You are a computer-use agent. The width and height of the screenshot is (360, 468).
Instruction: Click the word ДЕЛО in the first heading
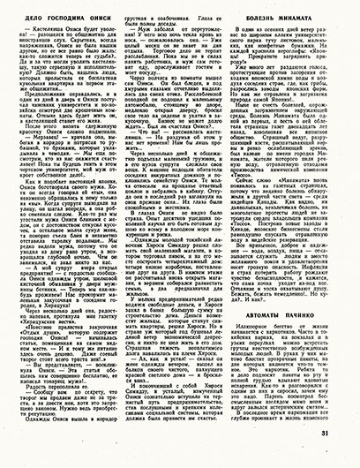28,10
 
